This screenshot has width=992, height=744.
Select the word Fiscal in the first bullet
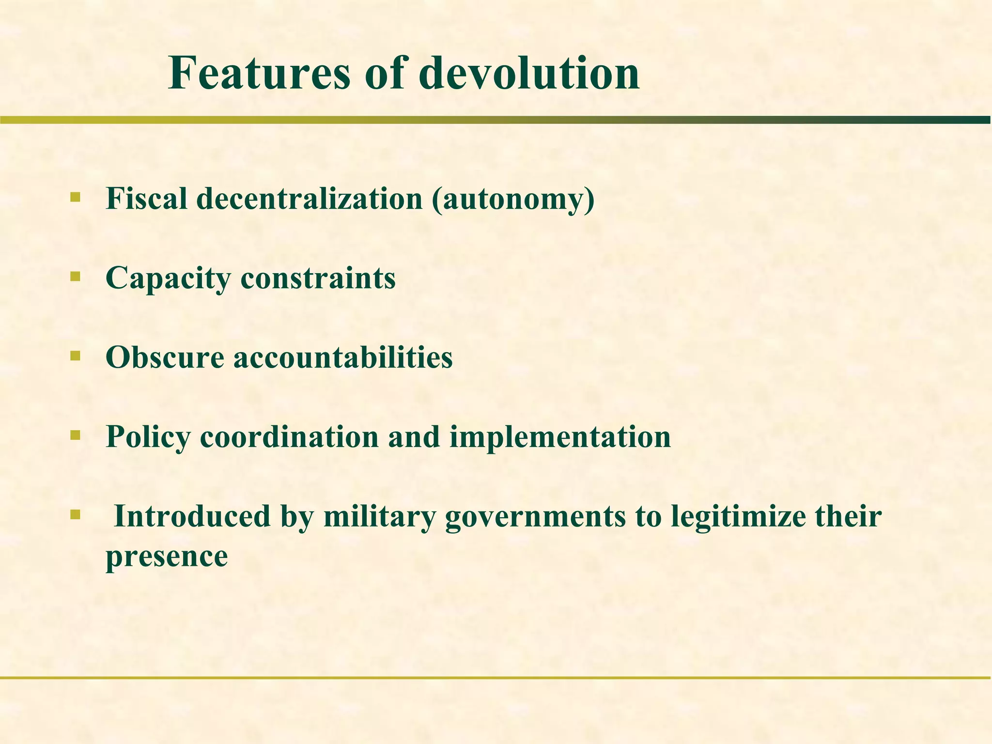pos(146,199)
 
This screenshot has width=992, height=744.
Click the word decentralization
pos(310,199)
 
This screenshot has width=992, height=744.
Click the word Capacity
pos(168,279)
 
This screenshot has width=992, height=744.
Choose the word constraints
pos(318,278)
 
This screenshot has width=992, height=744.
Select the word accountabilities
pos(343,357)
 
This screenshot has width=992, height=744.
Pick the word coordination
pos(289,437)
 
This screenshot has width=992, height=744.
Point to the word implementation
pos(560,437)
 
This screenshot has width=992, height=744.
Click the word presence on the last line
pos(167,557)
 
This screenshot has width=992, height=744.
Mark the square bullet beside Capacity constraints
pos(75,277)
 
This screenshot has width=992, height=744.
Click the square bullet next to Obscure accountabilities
pos(75,356)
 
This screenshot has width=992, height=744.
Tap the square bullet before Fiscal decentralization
pos(75,197)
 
